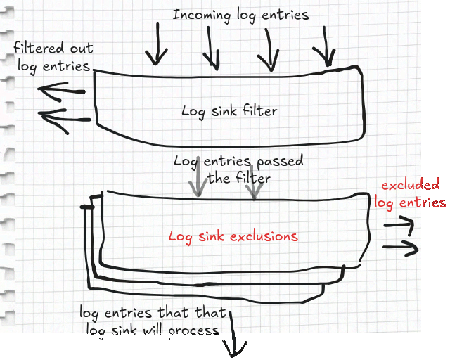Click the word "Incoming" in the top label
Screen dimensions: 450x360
202,15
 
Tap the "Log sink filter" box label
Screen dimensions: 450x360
230,111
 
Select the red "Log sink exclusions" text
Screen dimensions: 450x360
233,237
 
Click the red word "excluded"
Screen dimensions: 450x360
411,185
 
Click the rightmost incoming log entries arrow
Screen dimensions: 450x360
325,47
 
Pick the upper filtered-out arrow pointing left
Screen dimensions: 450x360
61,91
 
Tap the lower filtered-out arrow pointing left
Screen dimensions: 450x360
65,119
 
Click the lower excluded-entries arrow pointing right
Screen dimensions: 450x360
401,247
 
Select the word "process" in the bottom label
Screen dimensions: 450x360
194,331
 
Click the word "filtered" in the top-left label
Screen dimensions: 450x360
39,48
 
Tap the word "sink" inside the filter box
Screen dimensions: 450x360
224,110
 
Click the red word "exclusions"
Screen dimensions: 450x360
264,236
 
